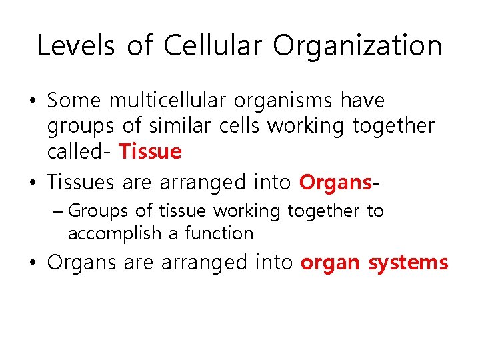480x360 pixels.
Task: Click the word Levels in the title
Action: point(73,46)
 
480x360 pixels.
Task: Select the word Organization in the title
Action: point(357,46)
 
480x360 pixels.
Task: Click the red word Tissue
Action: point(150,151)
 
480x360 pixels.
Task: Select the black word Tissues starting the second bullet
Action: point(81,181)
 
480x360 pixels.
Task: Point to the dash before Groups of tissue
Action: point(58,211)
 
